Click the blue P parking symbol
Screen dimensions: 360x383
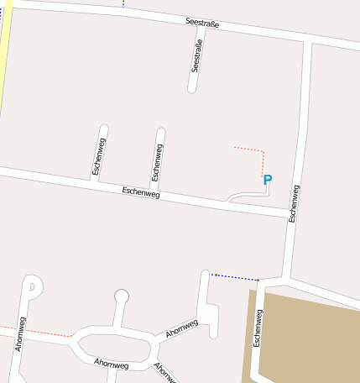[268, 179]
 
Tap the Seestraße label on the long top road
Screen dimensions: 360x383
[202, 24]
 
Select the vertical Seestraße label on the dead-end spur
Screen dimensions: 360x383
[197, 56]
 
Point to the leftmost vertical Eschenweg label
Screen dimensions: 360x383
[99, 155]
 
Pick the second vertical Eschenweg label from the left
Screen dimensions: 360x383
[157, 162]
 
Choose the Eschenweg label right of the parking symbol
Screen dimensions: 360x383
[294, 202]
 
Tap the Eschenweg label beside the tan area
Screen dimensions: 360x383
[258, 328]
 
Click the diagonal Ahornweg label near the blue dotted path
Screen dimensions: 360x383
[182, 328]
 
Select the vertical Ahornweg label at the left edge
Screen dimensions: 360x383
[20, 333]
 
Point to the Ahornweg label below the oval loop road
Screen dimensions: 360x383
[112, 364]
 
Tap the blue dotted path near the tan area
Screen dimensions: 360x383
[235, 276]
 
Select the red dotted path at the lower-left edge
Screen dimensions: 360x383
[34, 330]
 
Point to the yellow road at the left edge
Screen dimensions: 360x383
[5, 50]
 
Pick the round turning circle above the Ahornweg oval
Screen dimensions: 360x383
[122, 296]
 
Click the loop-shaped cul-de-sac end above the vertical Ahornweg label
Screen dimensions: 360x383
[31, 286]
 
